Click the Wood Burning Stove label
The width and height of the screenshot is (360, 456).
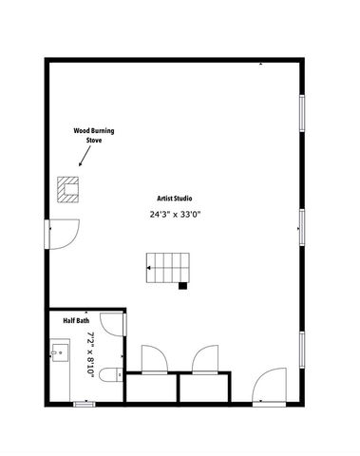point(94,135)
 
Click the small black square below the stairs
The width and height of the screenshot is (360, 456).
point(182,284)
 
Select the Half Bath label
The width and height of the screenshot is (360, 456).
point(76,321)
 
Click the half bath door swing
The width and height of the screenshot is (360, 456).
point(112,323)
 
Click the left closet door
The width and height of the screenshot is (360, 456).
point(153,360)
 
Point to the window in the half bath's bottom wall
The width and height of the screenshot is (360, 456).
point(85,404)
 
